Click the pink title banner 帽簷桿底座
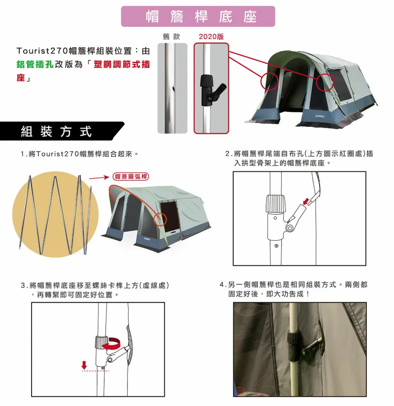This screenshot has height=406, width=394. (x=198, y=16)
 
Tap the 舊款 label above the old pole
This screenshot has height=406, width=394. (x=171, y=37)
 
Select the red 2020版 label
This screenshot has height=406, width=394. (x=211, y=37)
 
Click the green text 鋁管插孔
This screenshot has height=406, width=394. (x=35, y=64)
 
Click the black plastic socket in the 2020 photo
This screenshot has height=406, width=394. (x=210, y=90)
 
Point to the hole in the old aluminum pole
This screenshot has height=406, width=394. (x=173, y=88)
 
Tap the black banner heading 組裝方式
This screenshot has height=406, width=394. (x=56, y=131)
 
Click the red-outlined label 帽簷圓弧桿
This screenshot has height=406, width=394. (x=131, y=177)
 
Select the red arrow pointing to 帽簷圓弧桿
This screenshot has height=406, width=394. (x=99, y=178)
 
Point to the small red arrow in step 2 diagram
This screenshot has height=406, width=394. (x=306, y=201)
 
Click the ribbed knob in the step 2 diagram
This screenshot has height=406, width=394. (x=276, y=204)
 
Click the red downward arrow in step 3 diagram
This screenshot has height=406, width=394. (x=84, y=365)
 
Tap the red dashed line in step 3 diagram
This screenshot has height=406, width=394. (x=95, y=371)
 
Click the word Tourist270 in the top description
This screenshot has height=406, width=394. (x=42, y=51)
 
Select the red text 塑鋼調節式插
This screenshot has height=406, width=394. (x=122, y=64)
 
